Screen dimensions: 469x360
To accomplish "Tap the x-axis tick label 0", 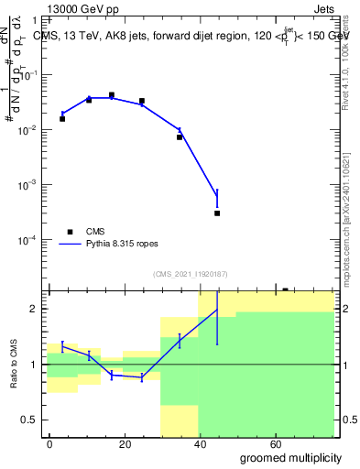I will [x=50, y=443].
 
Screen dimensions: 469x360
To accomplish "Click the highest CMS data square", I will [x=112, y=95].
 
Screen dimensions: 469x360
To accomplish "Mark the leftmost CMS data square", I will [x=62, y=119].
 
